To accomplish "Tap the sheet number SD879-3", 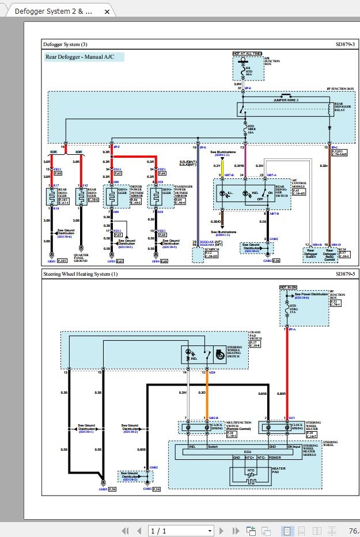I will click(345, 44).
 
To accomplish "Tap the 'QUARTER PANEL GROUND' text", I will click(81, 260).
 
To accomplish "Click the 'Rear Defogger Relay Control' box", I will click(329, 254).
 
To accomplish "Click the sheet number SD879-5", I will click(345, 275).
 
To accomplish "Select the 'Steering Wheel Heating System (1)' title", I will click(81, 275).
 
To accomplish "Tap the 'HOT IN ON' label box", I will click(288, 287).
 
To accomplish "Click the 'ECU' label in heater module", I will click(247, 452).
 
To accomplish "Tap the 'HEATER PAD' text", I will click(279, 471).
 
